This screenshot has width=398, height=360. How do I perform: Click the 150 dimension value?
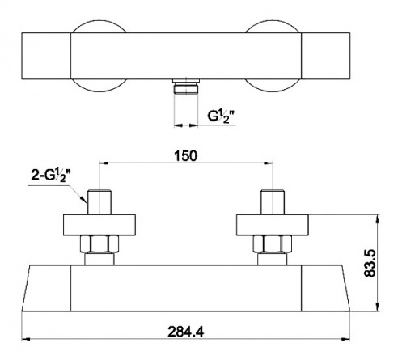(x=186, y=156)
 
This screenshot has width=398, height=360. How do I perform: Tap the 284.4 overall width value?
(x=186, y=332)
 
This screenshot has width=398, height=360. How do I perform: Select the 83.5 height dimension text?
(x=370, y=263)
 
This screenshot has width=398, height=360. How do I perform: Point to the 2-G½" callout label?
(x=51, y=176)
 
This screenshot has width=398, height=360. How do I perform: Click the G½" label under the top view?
(x=221, y=116)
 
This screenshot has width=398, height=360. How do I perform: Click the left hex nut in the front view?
(x=99, y=244)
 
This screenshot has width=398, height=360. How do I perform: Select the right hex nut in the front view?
(x=272, y=244)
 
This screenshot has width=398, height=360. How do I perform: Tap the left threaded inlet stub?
(x=99, y=202)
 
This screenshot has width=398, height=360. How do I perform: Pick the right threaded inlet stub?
(x=273, y=202)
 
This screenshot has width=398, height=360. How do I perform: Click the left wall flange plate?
(x=99, y=225)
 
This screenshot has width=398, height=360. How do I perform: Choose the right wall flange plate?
(x=273, y=225)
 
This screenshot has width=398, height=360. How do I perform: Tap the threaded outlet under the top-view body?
(x=186, y=87)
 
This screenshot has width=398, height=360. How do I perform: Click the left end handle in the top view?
(x=46, y=56)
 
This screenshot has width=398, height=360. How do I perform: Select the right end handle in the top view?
(x=325, y=56)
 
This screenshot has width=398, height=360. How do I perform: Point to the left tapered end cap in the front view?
(x=46, y=288)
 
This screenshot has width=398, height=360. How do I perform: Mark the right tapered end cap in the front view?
(x=325, y=288)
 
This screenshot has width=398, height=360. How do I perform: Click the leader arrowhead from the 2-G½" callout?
(x=83, y=199)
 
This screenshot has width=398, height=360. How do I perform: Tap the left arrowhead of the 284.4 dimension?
(x=26, y=339)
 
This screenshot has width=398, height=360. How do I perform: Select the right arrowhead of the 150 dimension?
(x=269, y=163)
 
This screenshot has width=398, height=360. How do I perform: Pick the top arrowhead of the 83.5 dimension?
(x=379, y=218)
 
